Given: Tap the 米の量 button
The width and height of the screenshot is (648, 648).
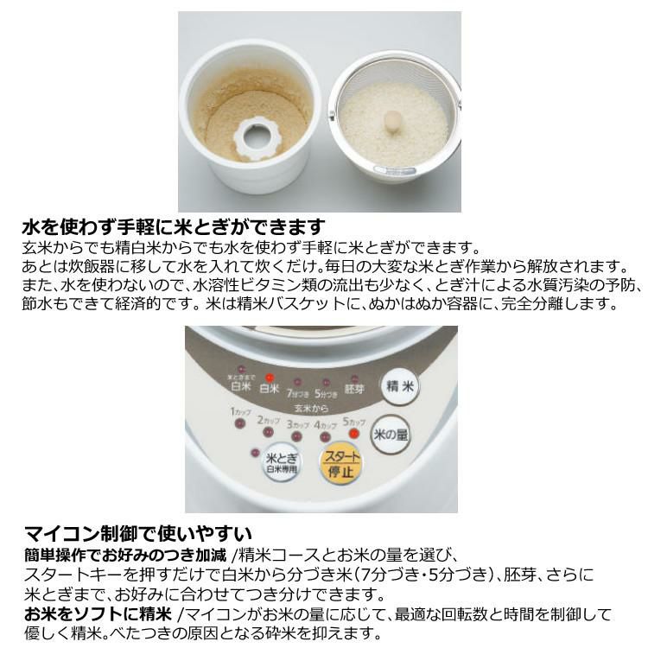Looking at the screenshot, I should point(390,435).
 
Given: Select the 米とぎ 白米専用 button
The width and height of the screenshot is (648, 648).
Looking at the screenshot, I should point(283,464).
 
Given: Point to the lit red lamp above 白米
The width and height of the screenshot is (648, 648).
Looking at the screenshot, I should point(270,378).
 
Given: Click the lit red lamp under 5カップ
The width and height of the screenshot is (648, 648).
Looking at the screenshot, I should point(353,432).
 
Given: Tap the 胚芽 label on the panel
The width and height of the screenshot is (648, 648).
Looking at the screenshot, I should point(354,390).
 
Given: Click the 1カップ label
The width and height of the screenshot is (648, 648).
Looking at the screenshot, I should point(240,412).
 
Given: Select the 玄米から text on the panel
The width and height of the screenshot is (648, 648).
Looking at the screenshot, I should point(309,406).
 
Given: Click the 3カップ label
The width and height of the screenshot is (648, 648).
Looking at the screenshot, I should point(298,425).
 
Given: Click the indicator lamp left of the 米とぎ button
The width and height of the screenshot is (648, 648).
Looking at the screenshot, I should point(254,452).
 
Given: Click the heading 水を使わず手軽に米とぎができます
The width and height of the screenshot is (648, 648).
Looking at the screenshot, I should point(173,228).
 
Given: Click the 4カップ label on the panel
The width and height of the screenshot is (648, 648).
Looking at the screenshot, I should point(326,425).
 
